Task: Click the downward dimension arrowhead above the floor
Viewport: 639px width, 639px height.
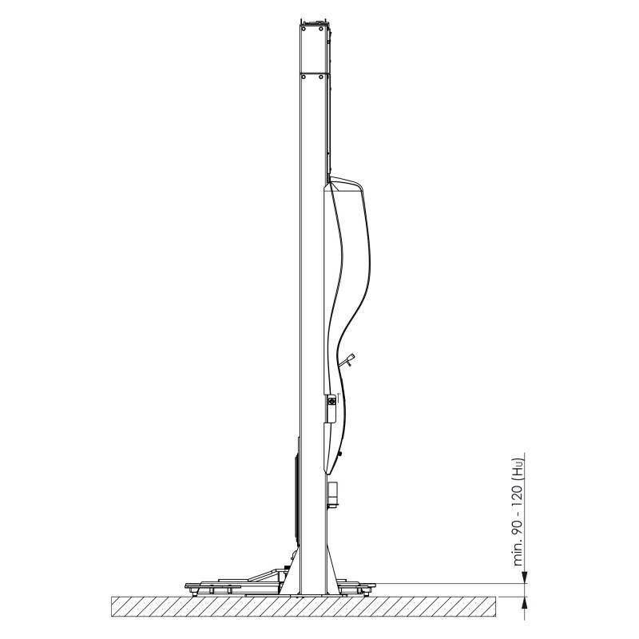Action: (x=525, y=577)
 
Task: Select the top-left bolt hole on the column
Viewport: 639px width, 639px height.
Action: (x=304, y=29)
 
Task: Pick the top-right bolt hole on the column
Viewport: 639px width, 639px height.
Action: (x=321, y=29)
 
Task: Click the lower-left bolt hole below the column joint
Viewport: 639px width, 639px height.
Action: (x=304, y=76)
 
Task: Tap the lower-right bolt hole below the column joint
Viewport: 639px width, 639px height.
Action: (x=321, y=76)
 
